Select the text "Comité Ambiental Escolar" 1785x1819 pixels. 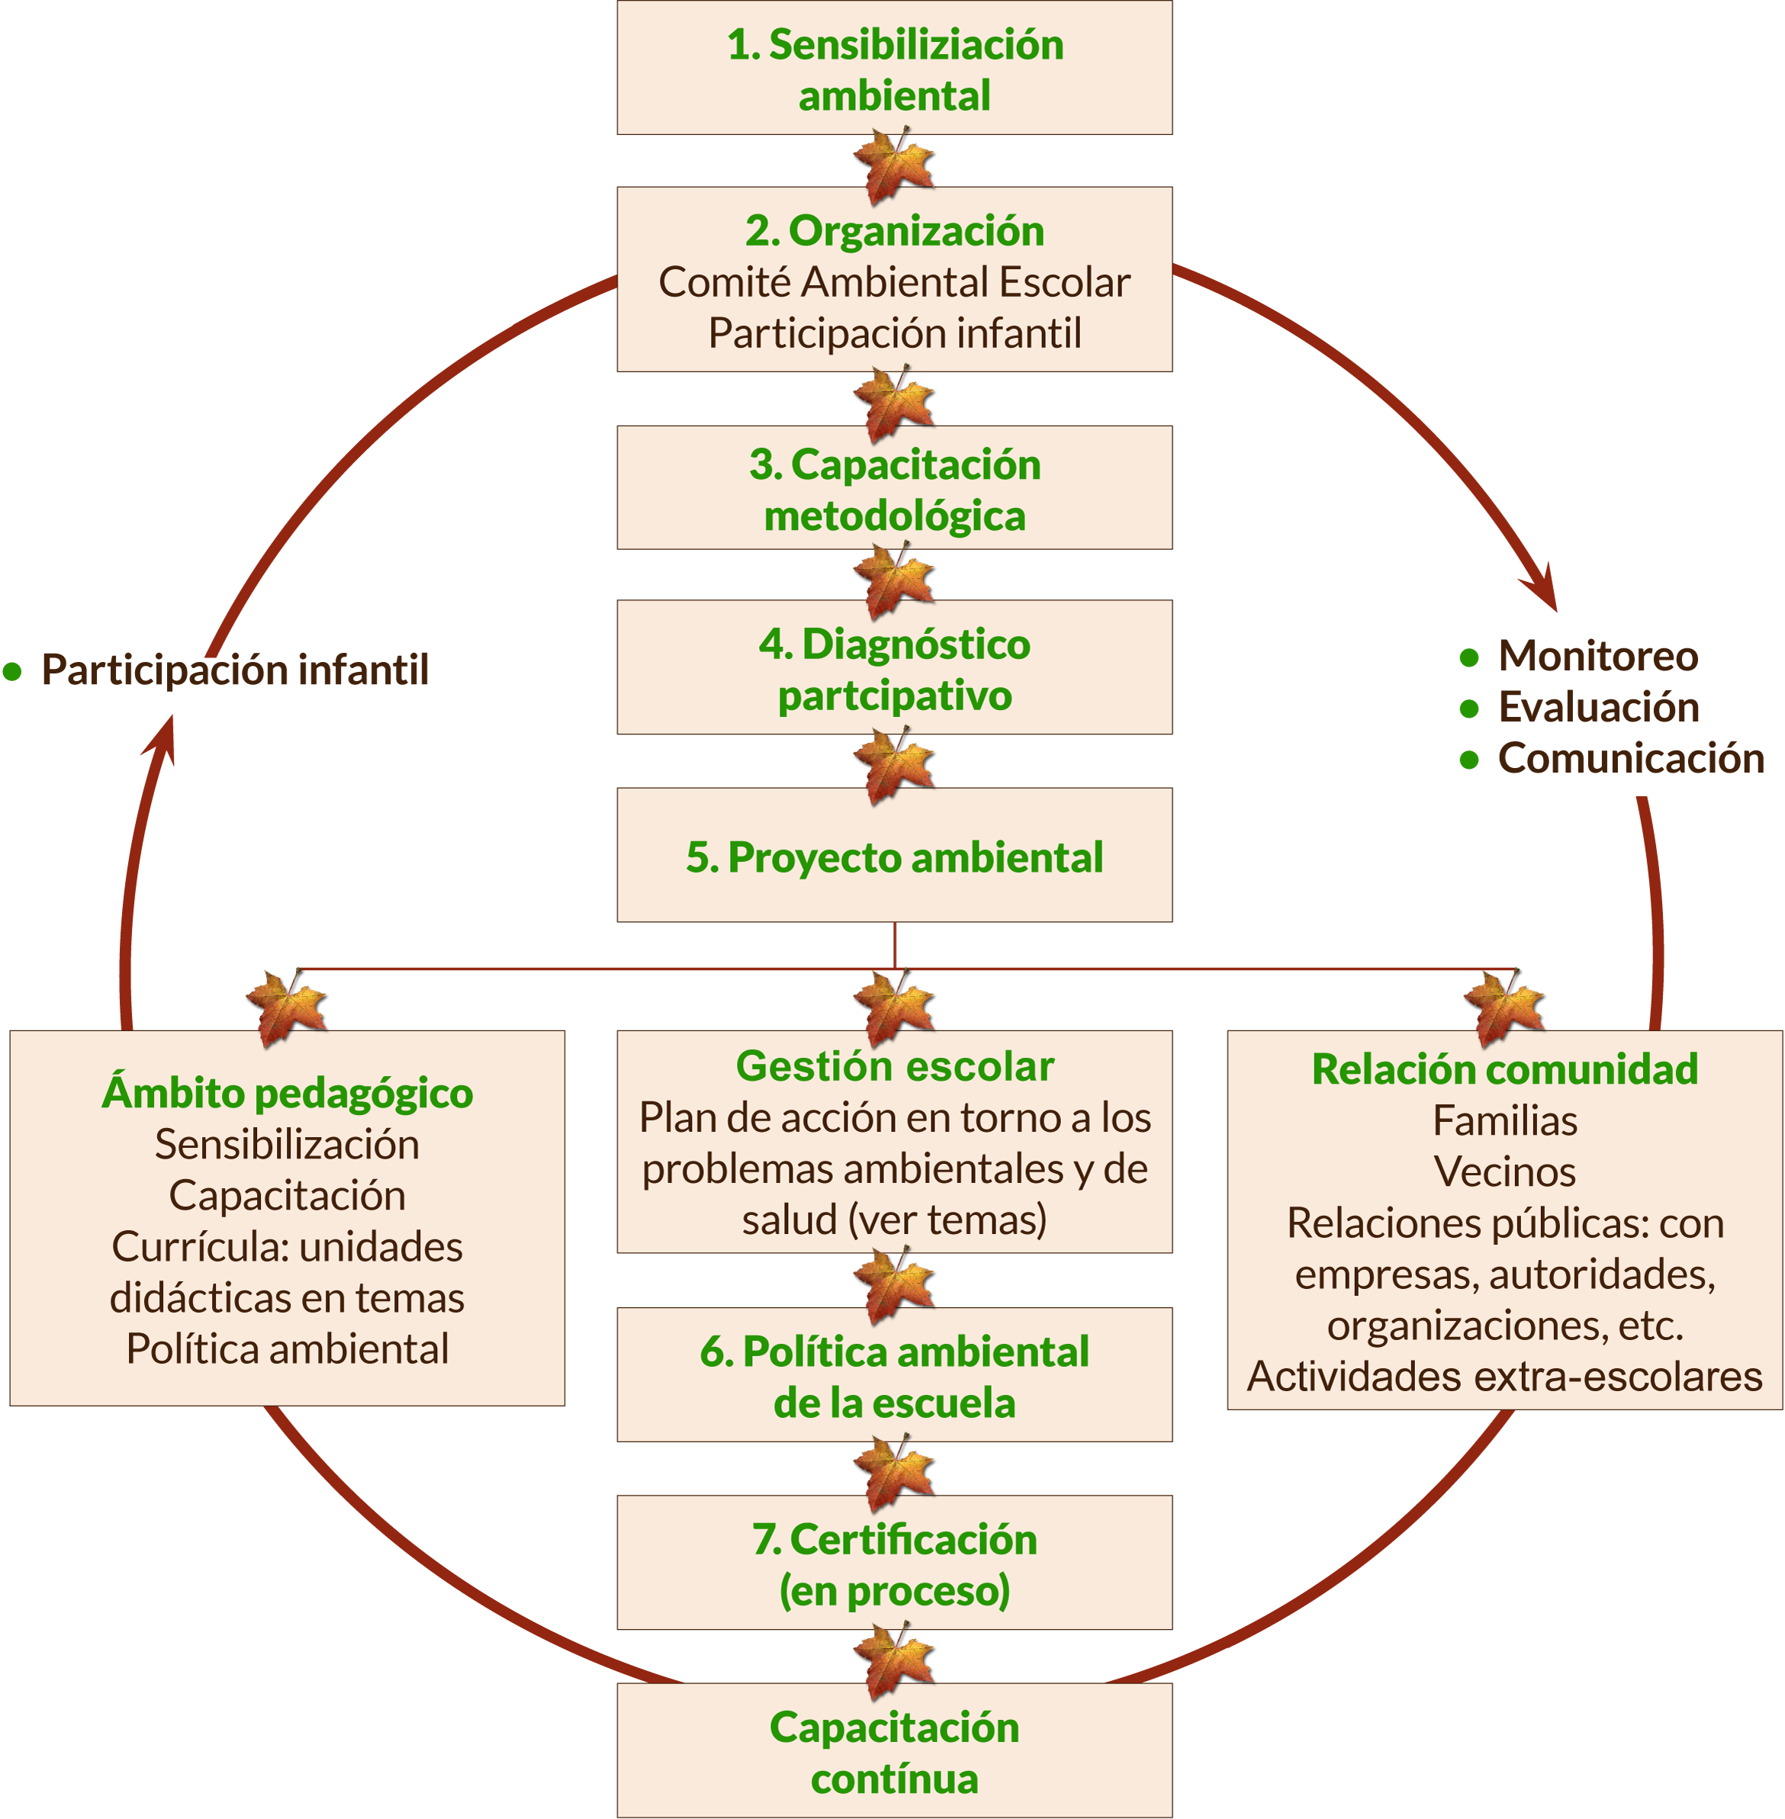[894, 282]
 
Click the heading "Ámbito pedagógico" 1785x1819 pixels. [287, 1093]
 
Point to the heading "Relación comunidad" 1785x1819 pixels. [1505, 1069]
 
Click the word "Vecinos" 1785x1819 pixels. [1505, 1171]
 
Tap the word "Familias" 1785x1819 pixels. [1505, 1121]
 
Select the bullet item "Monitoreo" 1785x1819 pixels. [1597, 656]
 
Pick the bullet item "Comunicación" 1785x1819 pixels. [1630, 758]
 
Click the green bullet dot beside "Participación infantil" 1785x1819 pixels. [12, 671]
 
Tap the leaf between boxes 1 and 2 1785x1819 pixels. [893, 165]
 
